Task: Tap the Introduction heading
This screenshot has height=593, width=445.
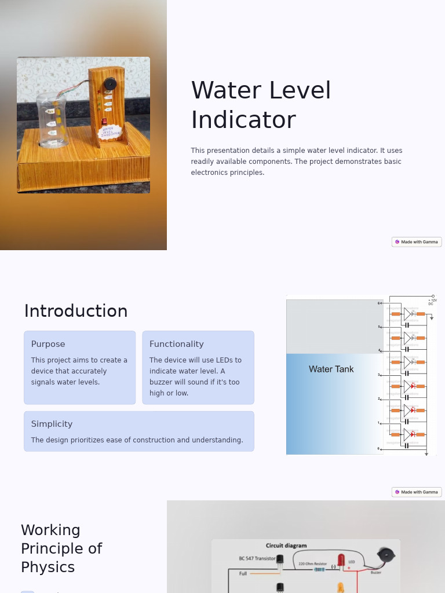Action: [x=76, y=311]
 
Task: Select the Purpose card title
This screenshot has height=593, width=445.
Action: [x=48, y=344]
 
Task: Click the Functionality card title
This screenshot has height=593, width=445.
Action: [x=176, y=344]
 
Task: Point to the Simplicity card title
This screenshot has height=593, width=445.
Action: [x=52, y=424]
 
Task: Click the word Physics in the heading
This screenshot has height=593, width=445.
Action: [x=48, y=567]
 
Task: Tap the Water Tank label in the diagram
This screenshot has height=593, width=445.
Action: [x=331, y=369]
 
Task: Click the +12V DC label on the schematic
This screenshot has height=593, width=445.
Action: [x=432, y=302]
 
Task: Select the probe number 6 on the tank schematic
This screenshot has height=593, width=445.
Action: [x=380, y=303]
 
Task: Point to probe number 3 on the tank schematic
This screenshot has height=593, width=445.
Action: [x=380, y=375]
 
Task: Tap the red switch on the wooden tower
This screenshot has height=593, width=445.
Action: [x=104, y=122]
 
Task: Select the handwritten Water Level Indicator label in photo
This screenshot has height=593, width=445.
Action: [x=111, y=133]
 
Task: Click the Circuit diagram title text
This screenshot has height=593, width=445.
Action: [x=286, y=546]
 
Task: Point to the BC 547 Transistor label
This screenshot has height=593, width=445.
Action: [x=257, y=558]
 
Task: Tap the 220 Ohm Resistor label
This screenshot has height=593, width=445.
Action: [x=312, y=563]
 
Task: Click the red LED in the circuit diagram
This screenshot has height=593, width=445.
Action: [x=341, y=560]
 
